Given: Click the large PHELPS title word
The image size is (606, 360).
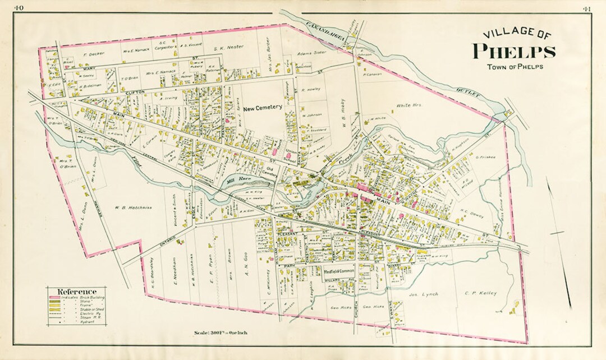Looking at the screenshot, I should (x=514, y=51).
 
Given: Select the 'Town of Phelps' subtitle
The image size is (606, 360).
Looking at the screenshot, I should (x=515, y=67).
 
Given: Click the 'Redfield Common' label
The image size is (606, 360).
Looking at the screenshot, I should (x=341, y=271).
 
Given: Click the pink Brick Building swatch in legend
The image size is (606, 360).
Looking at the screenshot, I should (x=54, y=297).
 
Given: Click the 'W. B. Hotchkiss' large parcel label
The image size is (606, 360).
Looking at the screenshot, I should (x=133, y=207).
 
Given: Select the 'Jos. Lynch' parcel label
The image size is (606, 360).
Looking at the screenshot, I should (x=424, y=294).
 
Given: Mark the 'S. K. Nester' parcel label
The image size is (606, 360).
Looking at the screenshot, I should (x=228, y=48).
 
